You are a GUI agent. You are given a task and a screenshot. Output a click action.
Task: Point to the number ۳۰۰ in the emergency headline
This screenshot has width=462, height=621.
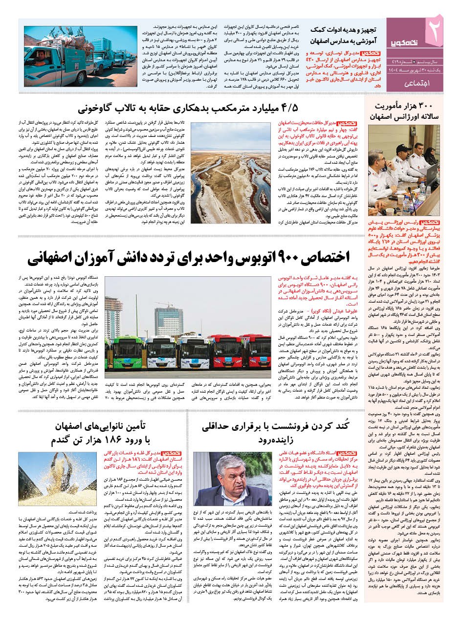[x=427, y=106]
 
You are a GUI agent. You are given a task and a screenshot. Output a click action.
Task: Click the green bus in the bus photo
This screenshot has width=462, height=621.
[x=117, y=348]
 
